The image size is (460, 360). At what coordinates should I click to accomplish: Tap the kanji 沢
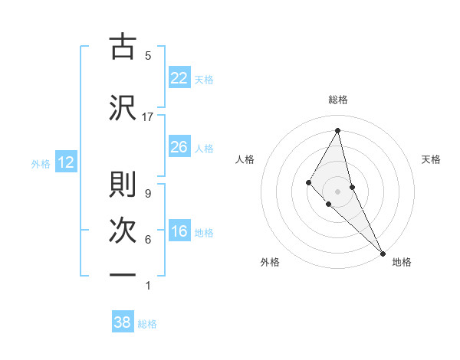tap(123, 106)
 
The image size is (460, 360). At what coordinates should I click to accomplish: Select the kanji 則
tap(123, 184)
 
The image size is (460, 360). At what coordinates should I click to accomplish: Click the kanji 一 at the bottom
tap(123, 275)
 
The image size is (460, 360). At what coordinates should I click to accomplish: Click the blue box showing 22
tap(179, 78)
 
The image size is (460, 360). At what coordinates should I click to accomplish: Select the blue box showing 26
tap(179, 147)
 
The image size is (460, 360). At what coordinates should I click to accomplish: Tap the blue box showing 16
tap(179, 232)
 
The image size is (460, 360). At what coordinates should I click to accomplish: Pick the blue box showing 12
tap(65, 162)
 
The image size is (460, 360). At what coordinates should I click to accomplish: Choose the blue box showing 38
tap(123, 322)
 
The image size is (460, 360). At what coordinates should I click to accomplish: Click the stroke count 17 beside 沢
tap(148, 117)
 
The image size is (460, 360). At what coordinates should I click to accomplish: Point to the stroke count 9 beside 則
tap(148, 194)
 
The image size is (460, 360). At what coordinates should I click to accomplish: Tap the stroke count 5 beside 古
tap(148, 55)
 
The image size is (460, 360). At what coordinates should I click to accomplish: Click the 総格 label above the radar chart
tap(338, 100)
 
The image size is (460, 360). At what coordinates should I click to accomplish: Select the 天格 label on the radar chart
tap(432, 159)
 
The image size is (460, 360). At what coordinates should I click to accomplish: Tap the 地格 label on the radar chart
tap(402, 262)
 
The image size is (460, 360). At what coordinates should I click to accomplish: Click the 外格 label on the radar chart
tap(270, 262)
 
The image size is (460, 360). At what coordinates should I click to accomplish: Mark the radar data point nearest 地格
tap(383, 253)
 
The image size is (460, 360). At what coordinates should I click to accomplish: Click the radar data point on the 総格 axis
tap(338, 131)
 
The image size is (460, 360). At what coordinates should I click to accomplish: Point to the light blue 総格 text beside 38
tap(147, 324)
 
